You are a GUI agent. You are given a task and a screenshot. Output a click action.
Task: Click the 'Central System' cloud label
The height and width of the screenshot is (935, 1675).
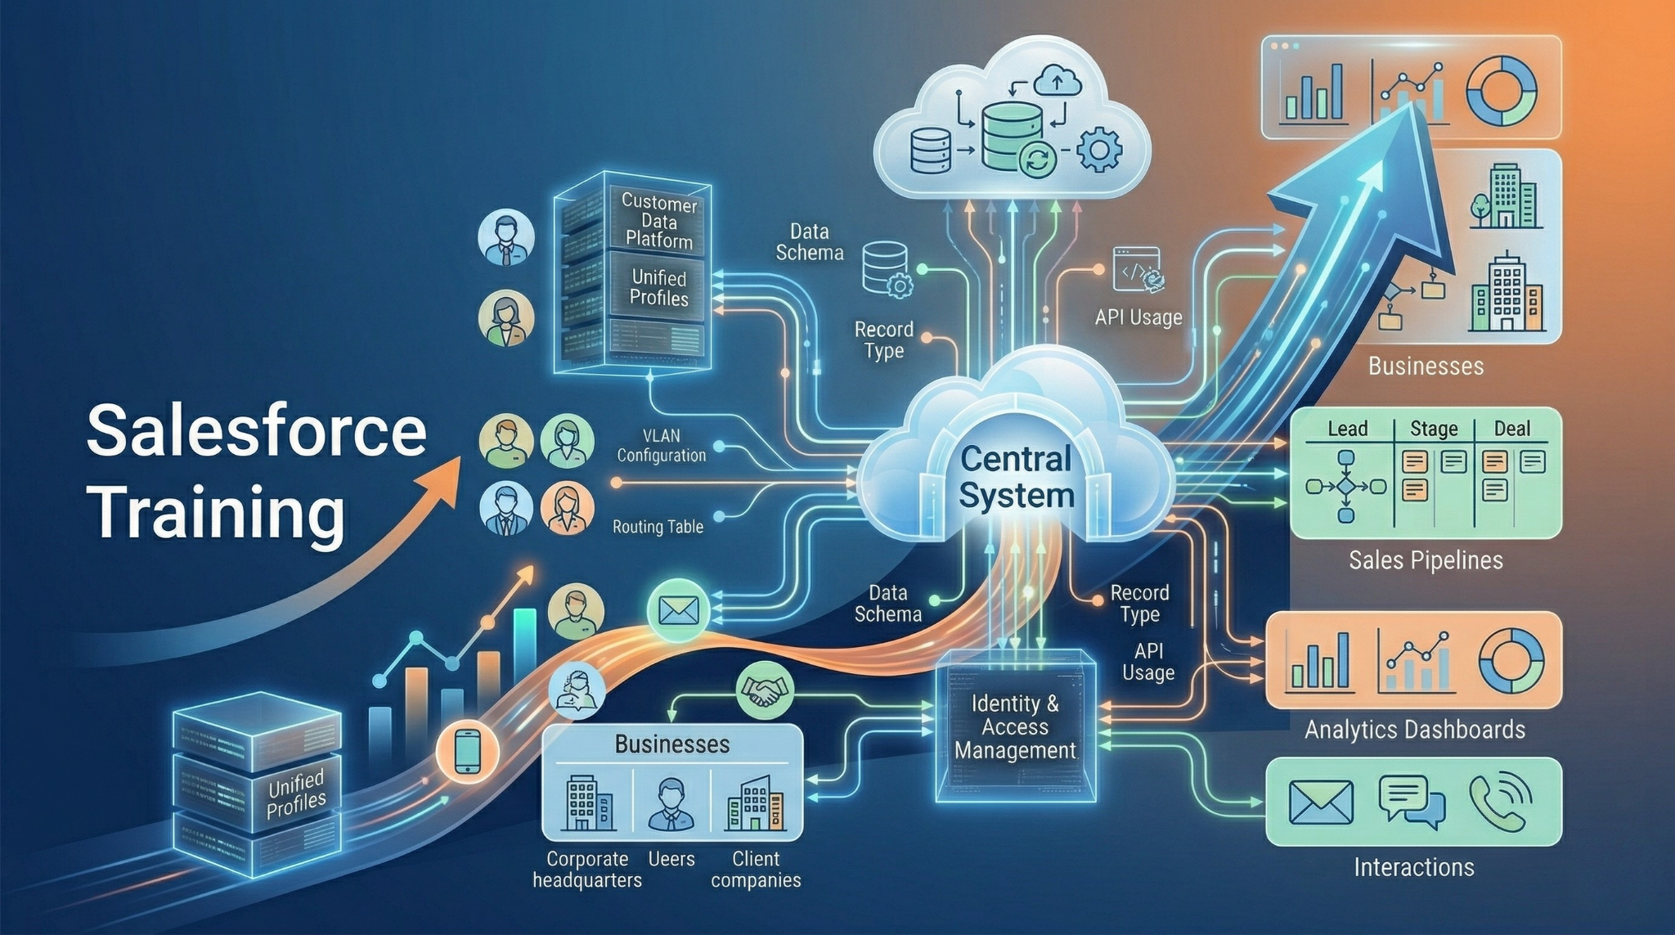1016,478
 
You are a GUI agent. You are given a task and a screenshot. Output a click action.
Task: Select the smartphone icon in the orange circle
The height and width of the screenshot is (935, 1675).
467,751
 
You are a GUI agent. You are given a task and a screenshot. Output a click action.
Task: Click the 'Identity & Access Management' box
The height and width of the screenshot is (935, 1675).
1015,726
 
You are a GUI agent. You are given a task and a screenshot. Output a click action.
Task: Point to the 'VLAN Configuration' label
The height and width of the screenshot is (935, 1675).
661,446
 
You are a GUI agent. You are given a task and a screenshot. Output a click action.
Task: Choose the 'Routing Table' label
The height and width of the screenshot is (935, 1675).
658,527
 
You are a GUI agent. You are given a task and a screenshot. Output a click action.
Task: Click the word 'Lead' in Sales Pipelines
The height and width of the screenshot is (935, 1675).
1347,429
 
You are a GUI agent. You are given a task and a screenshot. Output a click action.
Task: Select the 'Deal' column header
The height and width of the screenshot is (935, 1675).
1511,429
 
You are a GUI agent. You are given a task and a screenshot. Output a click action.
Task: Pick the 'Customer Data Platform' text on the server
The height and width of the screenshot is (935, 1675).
659,221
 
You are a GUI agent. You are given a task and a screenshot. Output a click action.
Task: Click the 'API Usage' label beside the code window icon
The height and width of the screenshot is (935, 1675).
1138,317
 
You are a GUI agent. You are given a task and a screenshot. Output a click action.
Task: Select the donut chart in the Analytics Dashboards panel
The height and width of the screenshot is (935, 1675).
1511,660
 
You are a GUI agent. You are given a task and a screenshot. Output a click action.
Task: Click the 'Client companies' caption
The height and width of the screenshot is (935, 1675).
756,870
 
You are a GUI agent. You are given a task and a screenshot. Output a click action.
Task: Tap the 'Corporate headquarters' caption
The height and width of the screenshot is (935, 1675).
586,870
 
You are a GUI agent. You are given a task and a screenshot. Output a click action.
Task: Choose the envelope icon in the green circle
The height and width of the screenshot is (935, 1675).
678,609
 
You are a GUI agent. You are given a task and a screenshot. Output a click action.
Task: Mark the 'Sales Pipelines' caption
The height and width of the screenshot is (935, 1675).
1426,560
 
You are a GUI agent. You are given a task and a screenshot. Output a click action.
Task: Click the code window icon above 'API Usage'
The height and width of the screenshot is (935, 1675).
1138,270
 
